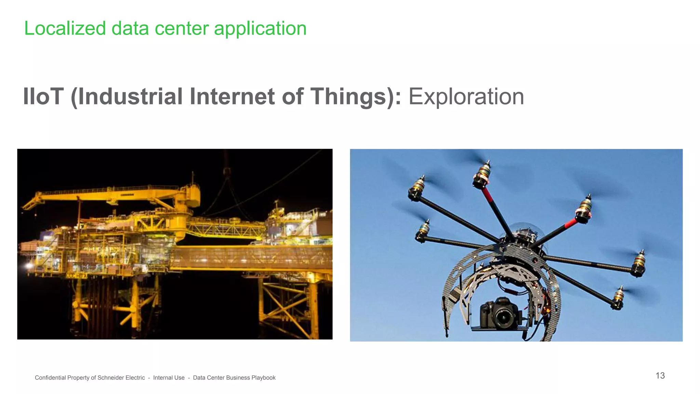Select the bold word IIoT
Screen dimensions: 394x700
43,96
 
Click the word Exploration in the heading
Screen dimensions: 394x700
466,96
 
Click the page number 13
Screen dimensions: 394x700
660,376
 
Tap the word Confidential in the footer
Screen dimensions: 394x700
50,378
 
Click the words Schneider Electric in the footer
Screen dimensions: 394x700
121,378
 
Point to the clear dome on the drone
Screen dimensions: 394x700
523,233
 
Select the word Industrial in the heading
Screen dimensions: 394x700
130,96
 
